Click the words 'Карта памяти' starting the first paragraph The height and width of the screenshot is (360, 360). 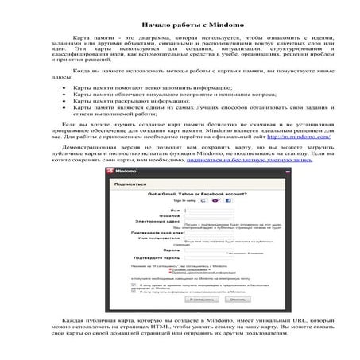88,37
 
